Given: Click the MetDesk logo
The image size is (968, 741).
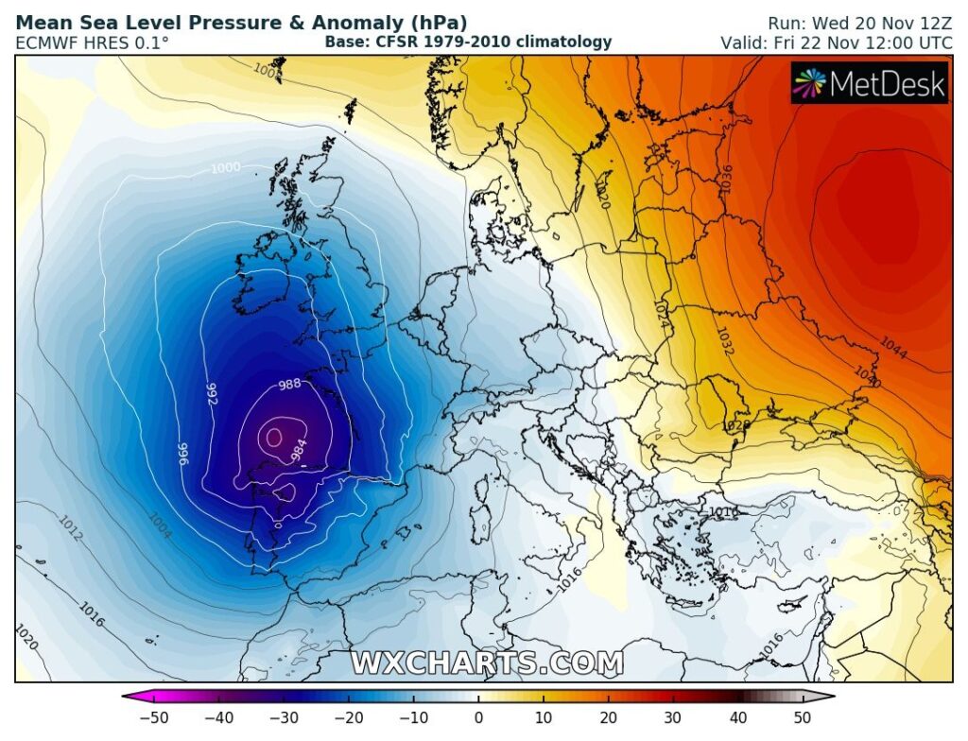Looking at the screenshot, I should (x=869, y=84).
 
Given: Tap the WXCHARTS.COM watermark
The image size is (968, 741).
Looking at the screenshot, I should (x=487, y=663).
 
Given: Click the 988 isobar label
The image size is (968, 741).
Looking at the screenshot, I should (x=289, y=385).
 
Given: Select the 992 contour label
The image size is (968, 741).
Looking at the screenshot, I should (x=212, y=394).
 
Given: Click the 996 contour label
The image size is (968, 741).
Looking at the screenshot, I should (x=183, y=455).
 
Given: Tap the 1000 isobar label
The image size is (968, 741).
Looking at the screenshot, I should (x=225, y=168).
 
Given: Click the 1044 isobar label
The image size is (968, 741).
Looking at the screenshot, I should (x=893, y=349).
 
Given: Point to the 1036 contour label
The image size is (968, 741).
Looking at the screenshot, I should (x=725, y=180).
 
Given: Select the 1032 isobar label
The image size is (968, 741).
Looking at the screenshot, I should (x=725, y=340).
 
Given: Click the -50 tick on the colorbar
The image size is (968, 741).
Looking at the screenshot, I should (x=153, y=716).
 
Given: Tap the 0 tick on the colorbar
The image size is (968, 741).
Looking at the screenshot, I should (x=478, y=716).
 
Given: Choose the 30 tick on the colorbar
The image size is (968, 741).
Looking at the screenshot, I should (x=673, y=716).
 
